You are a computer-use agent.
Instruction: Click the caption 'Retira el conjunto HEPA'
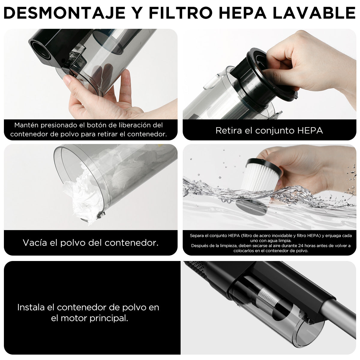(x=269, y=130)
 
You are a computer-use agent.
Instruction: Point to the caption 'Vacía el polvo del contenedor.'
(x=90, y=243)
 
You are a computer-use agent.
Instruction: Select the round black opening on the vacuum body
(x=40, y=49)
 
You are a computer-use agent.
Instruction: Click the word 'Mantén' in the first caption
(x=27, y=125)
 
